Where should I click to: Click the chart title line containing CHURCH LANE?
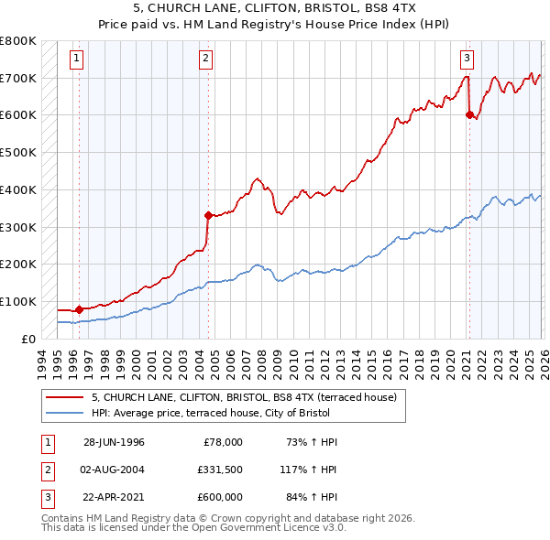[275, 8]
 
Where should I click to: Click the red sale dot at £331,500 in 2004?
[208, 216]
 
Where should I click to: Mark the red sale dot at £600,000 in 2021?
[469, 115]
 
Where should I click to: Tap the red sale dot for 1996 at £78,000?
[79, 309]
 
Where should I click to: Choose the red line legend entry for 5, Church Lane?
[243, 397]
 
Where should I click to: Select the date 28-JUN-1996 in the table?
[114, 442]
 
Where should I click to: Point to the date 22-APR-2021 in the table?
[114, 499]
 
